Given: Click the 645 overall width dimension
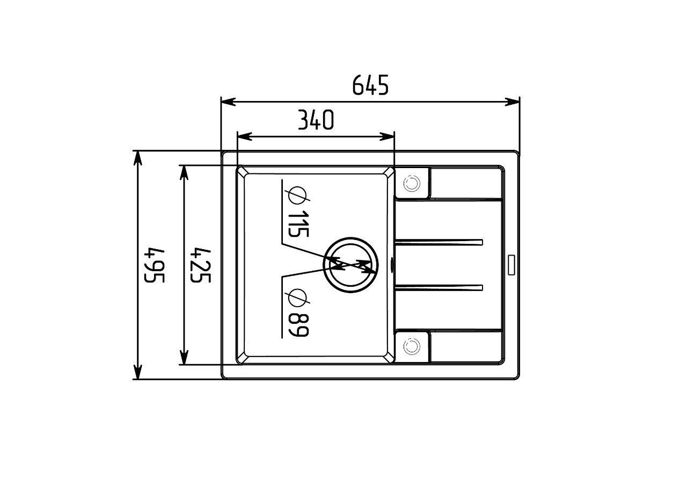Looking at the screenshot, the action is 370,85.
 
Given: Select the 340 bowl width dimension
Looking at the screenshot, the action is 316,120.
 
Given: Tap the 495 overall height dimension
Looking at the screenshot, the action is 155,265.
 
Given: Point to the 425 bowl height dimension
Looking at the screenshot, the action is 200,265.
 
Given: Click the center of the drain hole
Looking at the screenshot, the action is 350,264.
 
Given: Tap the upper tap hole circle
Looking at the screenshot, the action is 411,184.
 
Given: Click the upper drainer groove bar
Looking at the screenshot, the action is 439,242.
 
